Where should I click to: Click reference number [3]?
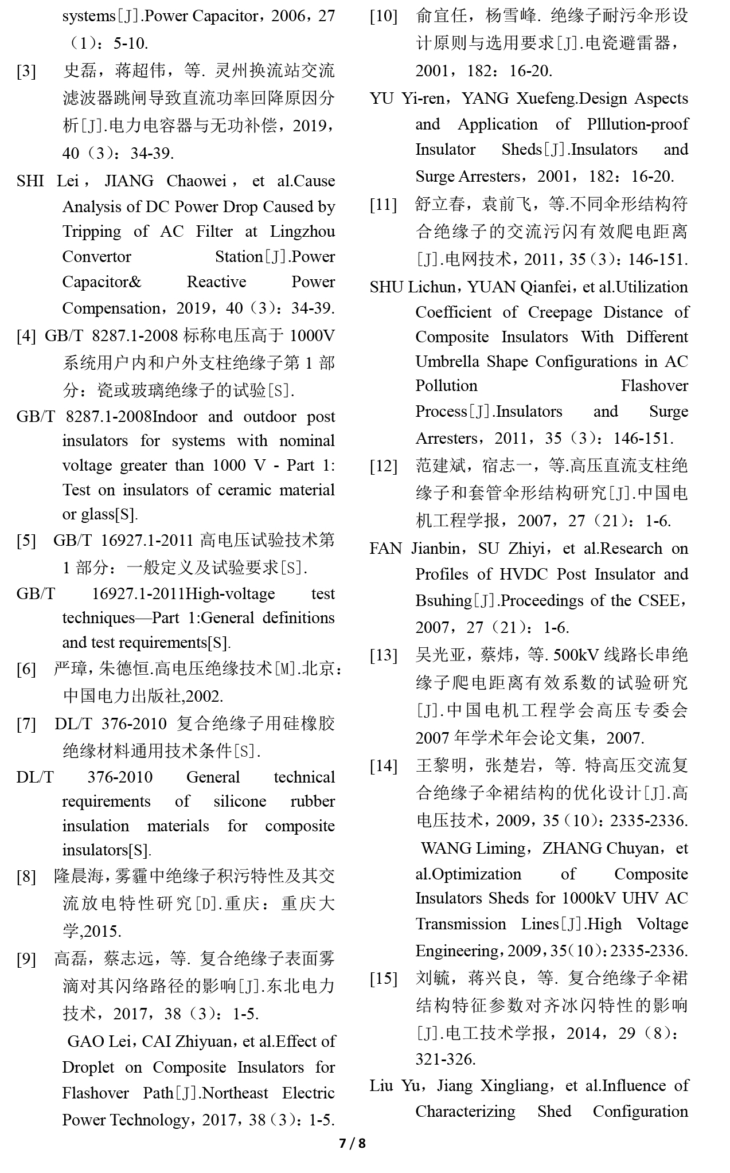pos(26,72)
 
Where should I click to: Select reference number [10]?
pos(383,16)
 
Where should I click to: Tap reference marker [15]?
pos(383,978)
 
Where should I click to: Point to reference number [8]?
pos(26,877)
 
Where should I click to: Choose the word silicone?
pos(240,801)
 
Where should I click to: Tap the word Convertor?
pos(96,257)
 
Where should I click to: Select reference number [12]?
pos(383,466)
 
